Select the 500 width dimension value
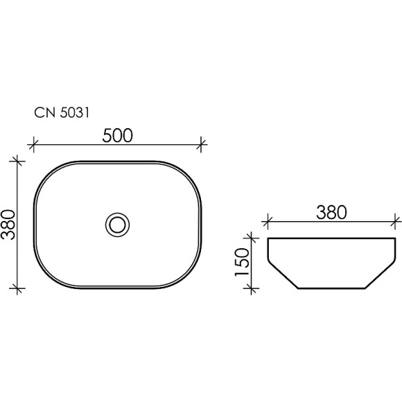click(x=118, y=136)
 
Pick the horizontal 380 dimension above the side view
click(x=331, y=213)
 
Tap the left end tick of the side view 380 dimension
click(x=267, y=222)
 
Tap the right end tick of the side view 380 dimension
click(x=396, y=222)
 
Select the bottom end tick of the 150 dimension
click(x=254, y=287)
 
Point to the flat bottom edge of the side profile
click(x=331, y=287)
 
